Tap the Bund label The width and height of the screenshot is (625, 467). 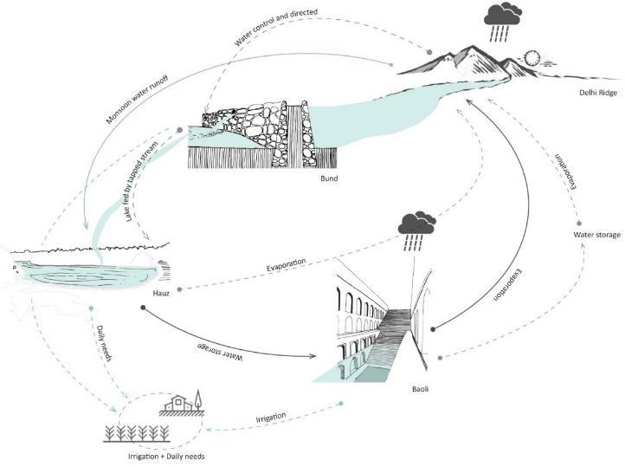point(328,179)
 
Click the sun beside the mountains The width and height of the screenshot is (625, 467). point(532,59)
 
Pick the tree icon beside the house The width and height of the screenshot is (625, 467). point(197,400)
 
